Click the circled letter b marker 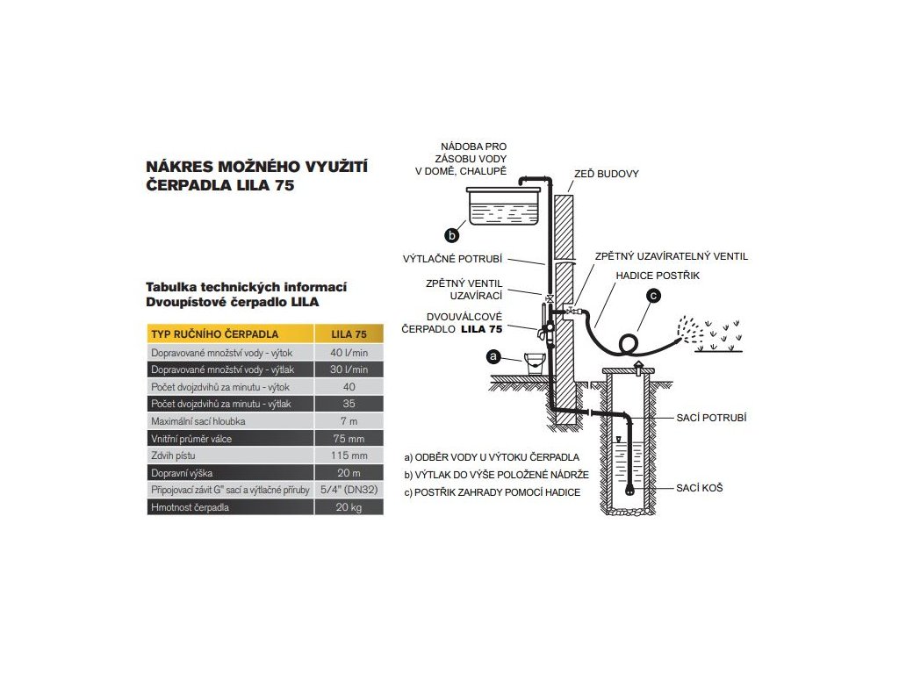click(452, 234)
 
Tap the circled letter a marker click(493, 357)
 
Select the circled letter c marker click(652, 297)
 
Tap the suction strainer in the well click(630, 489)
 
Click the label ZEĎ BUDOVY click(606, 174)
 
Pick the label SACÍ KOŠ click(700, 486)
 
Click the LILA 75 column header click(349, 334)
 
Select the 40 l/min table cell click(349, 352)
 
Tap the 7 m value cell click(349, 421)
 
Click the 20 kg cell click(349, 508)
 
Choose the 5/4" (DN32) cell click(349, 491)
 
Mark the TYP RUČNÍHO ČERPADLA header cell click(215, 334)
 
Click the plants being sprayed click(719, 338)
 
